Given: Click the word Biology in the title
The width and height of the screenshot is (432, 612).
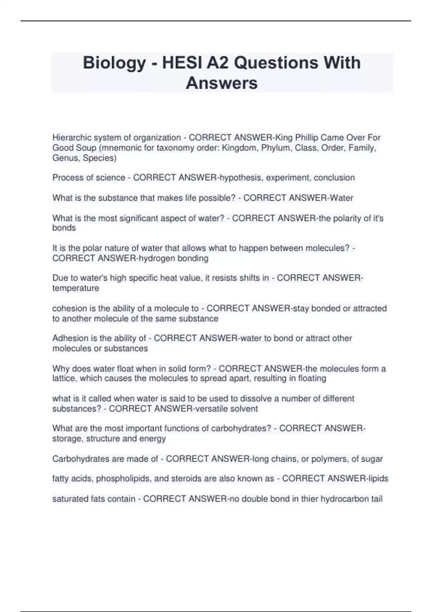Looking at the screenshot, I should point(114,63).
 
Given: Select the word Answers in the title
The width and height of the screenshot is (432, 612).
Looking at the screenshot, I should point(221,83).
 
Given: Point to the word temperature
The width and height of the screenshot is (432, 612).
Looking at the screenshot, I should point(76,288).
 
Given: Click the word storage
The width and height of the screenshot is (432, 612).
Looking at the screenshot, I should point(67,438).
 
